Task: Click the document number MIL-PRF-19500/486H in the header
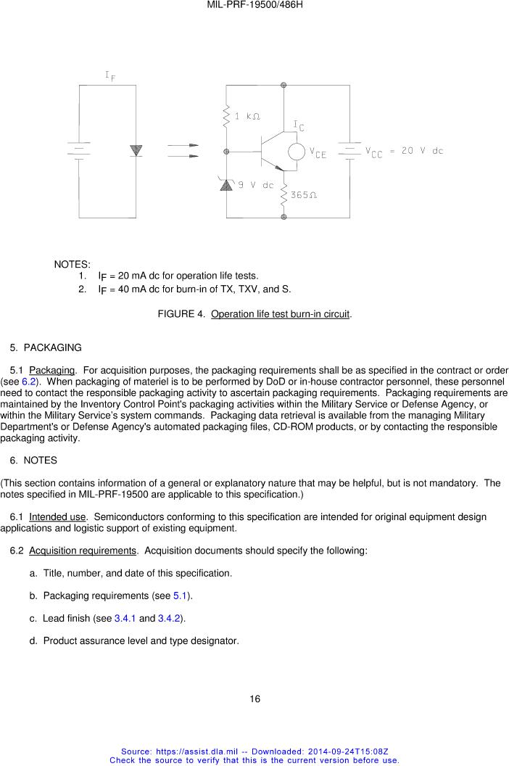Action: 255,5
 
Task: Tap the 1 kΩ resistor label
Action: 247,115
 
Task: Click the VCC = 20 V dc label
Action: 404,152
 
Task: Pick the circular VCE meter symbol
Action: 296,152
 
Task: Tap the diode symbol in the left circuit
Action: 136,150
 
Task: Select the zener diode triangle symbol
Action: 225,185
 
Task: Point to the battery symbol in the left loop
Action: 78,150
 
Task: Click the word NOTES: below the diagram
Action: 72,264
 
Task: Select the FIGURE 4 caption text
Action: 255,314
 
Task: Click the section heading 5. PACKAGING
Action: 46,347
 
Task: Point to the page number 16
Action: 255,699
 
